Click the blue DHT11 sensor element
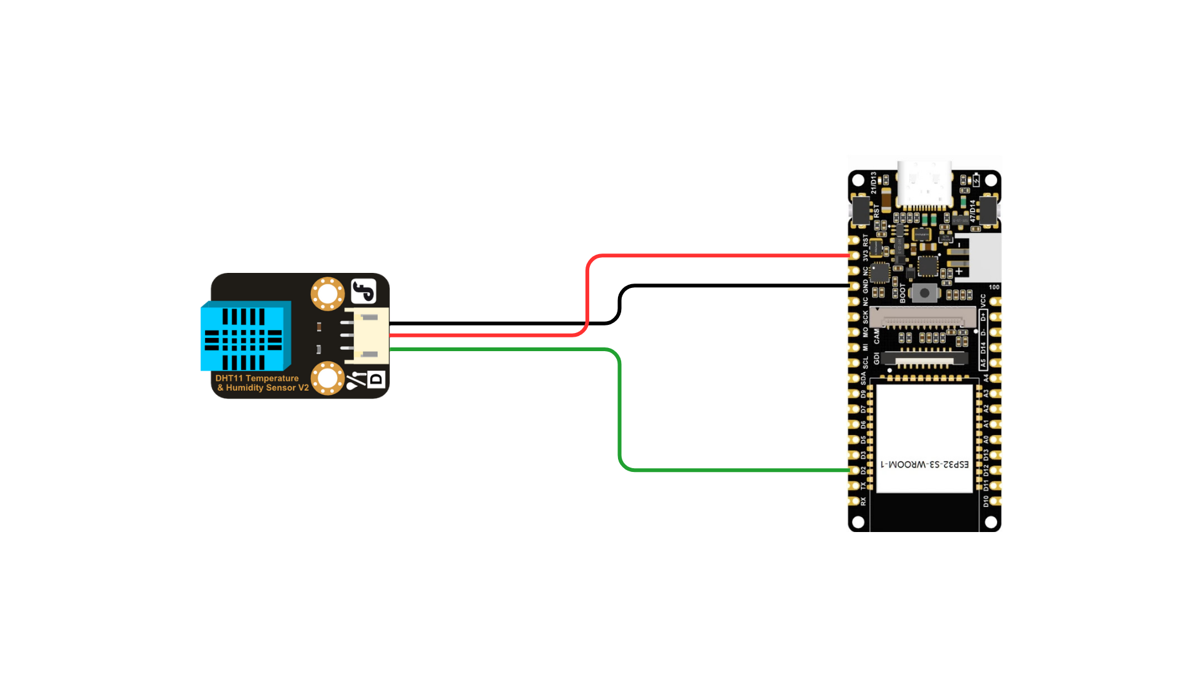[x=245, y=338]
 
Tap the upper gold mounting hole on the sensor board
[x=327, y=294]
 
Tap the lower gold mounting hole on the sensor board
[x=327, y=378]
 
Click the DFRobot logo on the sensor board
[x=363, y=291]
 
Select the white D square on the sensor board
[x=376, y=379]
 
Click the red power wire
[x=719, y=255]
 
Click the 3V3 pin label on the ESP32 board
[x=866, y=256]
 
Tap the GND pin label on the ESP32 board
[x=866, y=286]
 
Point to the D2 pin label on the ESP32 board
[x=863, y=470]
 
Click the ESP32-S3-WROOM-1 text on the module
[x=925, y=464]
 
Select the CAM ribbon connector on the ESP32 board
[x=923, y=318]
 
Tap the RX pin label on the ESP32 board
[x=863, y=501]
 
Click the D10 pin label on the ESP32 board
[x=986, y=501]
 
